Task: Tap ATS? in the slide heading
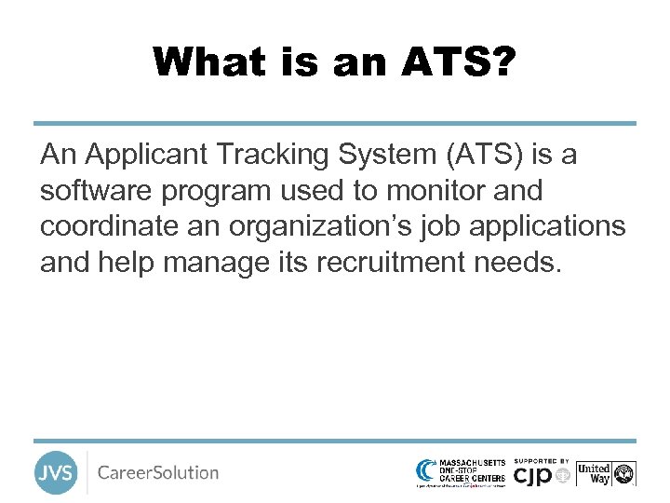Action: pos(459,62)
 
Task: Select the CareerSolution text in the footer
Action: pos(158,472)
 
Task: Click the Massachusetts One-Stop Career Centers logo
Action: pos(461,472)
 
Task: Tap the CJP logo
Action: pos(540,475)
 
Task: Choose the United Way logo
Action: pos(605,473)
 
